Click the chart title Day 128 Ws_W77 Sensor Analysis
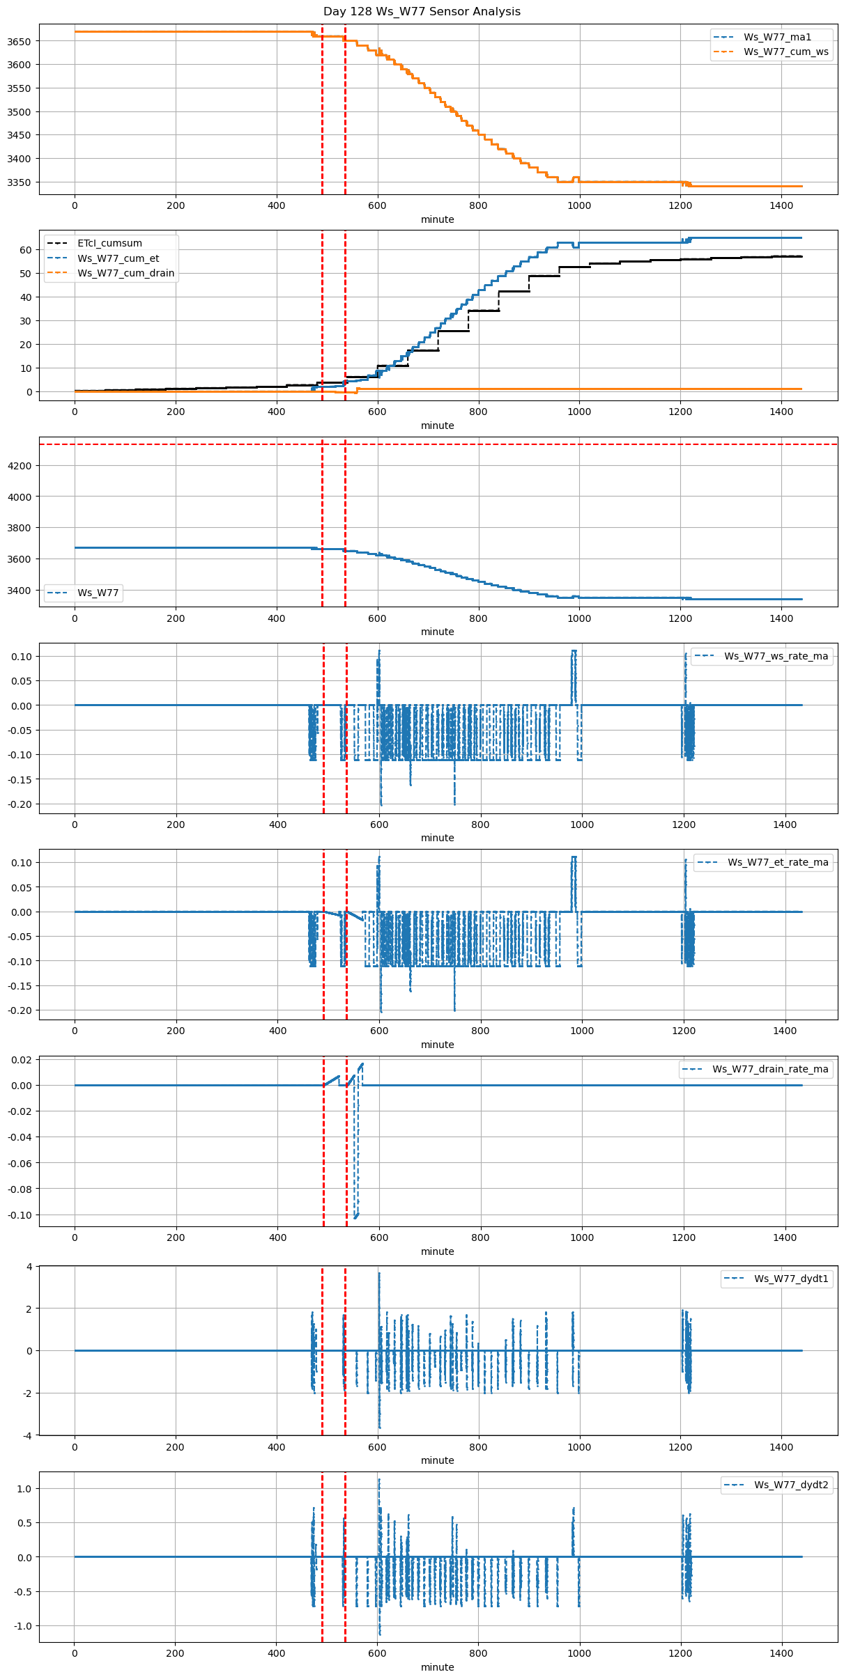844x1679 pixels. point(422,12)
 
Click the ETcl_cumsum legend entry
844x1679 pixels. point(109,244)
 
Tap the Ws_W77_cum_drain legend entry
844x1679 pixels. point(125,273)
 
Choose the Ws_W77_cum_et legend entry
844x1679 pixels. point(118,258)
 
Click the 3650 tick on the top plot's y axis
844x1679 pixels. point(20,42)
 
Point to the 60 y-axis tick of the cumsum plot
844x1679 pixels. point(26,250)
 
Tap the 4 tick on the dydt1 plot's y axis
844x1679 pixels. point(29,1267)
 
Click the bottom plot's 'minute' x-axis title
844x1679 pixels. point(437,1667)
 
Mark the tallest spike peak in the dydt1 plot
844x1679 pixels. point(379,1274)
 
